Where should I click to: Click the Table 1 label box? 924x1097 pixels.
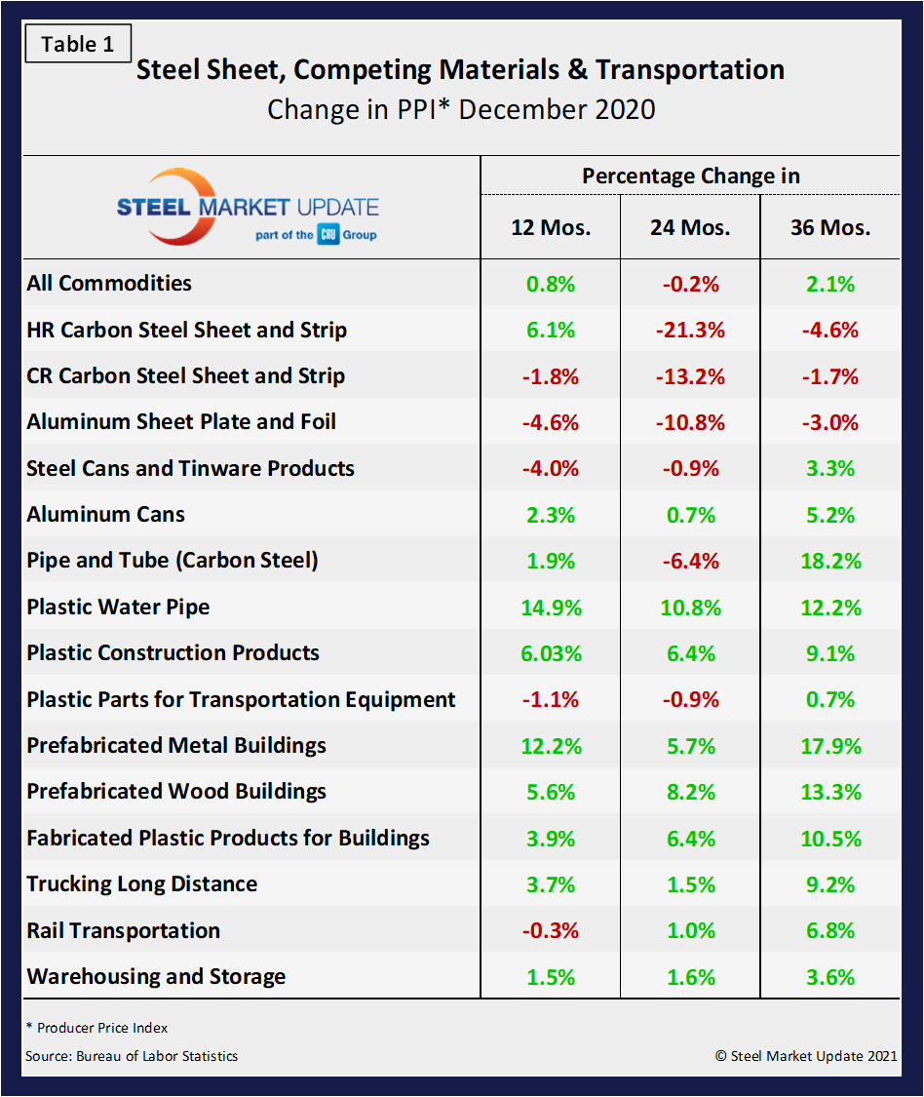click(77, 45)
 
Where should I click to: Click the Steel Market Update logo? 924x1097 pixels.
click(249, 208)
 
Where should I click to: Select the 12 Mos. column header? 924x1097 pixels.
click(551, 228)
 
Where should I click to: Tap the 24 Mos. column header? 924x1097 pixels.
click(690, 228)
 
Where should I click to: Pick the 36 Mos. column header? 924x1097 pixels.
click(830, 228)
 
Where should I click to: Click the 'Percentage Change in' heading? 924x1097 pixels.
click(690, 176)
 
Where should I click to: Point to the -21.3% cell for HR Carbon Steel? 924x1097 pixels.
click(690, 330)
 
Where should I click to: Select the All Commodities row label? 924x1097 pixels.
click(109, 284)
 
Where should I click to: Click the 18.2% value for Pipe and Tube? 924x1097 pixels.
click(830, 561)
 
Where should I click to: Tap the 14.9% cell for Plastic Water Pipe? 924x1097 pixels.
click(551, 607)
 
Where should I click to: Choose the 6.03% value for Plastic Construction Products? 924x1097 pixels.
click(551, 653)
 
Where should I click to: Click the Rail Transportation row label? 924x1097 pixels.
click(123, 930)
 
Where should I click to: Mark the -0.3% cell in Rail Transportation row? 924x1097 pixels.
click(551, 930)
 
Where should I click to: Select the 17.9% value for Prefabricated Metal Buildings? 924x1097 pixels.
click(830, 746)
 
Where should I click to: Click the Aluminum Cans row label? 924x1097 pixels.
click(105, 515)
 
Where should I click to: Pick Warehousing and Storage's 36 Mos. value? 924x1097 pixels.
click(830, 977)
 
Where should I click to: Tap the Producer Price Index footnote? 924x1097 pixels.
click(96, 1028)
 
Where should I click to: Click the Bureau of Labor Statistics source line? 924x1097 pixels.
click(132, 1056)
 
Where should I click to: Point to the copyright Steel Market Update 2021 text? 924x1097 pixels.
click(806, 1056)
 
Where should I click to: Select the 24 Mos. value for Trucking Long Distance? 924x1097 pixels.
click(690, 884)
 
